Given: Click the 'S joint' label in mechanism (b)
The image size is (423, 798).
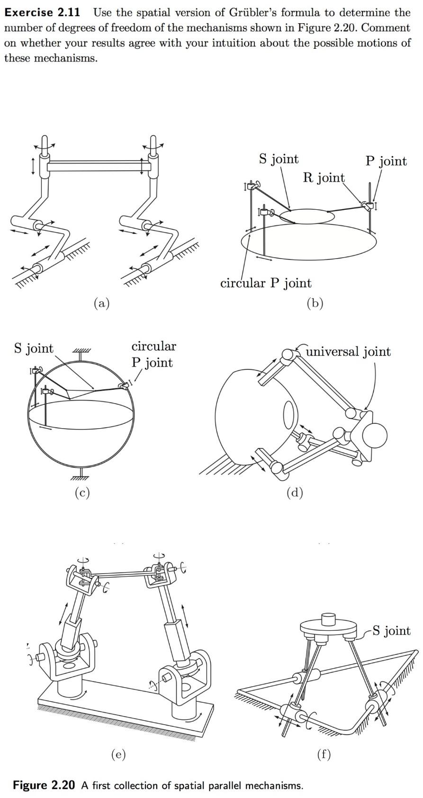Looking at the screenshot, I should coord(279,159).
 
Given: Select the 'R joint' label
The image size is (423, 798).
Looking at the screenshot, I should coord(324,178).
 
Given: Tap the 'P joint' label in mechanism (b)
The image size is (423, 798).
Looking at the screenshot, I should coord(386,161).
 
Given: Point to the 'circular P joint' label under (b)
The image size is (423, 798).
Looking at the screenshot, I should coord(266,283).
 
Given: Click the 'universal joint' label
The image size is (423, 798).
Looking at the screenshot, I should coord(348,351).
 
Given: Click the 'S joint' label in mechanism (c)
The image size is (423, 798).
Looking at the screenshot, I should coord(34,349).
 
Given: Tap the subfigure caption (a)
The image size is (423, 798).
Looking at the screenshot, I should coord(101,303).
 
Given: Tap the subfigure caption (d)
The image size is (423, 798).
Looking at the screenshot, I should coord(295,493).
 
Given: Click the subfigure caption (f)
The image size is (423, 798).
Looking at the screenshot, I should coord(323,754).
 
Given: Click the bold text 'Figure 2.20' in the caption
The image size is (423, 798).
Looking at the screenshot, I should coord(44,785).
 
